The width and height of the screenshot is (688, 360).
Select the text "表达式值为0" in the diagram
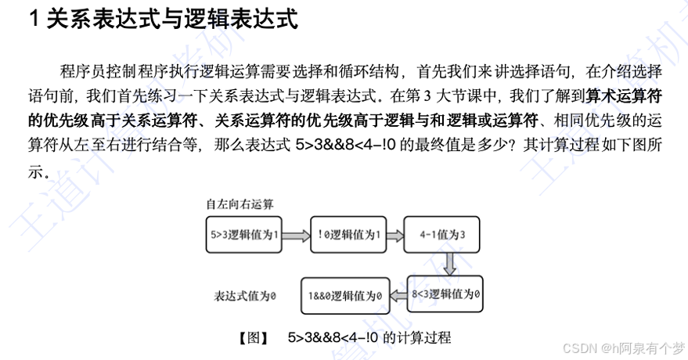tap(247, 296)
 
